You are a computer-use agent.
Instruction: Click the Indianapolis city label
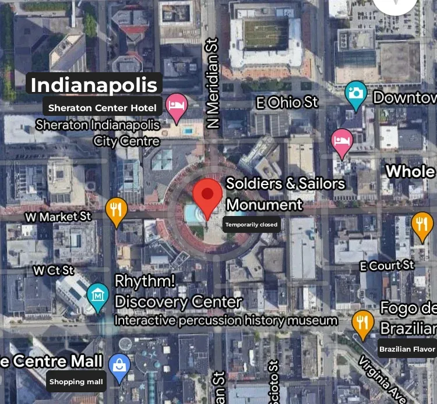point(94,85)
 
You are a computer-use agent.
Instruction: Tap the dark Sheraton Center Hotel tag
point(103,108)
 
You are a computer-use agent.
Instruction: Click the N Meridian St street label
point(212,83)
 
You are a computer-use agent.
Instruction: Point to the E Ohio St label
point(287,103)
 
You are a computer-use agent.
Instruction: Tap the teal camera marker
point(355,94)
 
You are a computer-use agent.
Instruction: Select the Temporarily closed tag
point(252,225)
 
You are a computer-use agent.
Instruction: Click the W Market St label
point(59,217)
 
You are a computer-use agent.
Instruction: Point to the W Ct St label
point(54,271)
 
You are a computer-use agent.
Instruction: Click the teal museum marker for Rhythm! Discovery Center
point(98,295)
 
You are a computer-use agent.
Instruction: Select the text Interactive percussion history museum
point(226,320)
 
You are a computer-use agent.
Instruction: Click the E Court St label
point(386,266)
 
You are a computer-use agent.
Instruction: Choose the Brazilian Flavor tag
point(407,349)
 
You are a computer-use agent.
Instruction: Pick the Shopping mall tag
point(76,382)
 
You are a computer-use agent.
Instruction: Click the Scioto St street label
point(274,381)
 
